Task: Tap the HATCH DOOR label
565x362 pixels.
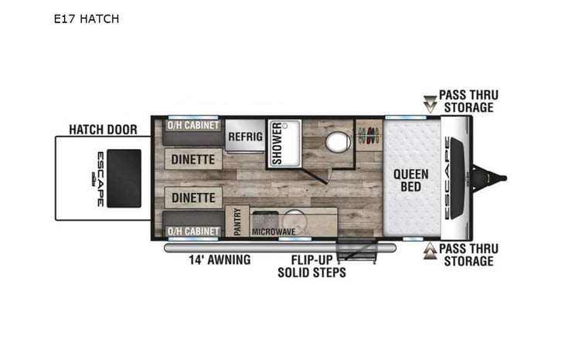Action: pos(102,130)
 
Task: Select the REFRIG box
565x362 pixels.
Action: pos(244,137)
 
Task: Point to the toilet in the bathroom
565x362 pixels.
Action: pos(335,142)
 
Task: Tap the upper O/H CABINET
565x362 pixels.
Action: pos(193,126)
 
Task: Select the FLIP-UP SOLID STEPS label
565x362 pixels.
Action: pos(313,266)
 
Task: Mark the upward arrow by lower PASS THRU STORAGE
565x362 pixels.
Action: pos(429,252)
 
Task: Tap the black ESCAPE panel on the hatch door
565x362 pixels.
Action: pos(123,178)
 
